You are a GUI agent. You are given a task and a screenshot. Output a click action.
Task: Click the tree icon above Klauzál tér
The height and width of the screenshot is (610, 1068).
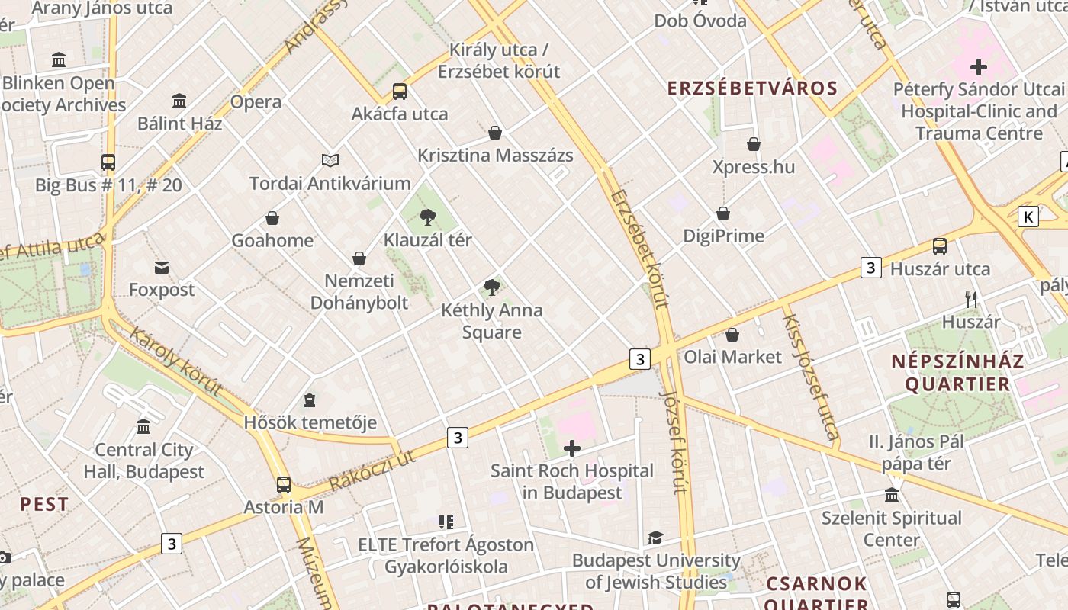[427, 217]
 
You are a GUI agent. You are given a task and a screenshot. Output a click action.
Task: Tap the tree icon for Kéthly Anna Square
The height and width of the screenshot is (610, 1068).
[492, 287]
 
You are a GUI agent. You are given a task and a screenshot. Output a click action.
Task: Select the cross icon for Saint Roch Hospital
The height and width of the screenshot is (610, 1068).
[571, 448]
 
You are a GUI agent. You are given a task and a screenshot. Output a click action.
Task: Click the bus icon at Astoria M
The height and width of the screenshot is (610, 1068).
[284, 484]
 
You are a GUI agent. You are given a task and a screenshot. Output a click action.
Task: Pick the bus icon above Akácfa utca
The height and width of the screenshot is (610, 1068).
[399, 91]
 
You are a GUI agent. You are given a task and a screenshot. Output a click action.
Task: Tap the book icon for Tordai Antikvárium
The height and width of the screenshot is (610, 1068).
[330, 160]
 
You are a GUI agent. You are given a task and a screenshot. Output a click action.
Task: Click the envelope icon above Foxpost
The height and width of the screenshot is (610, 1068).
[162, 268]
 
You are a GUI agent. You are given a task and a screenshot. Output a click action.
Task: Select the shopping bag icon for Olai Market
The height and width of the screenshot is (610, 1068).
[732, 334]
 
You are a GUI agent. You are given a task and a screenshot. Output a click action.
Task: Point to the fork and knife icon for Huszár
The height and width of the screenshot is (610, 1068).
[970, 299]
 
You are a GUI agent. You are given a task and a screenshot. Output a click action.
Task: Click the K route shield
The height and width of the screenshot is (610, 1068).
[1028, 217]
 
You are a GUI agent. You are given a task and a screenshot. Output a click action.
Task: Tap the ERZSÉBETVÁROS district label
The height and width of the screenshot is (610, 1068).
[752, 88]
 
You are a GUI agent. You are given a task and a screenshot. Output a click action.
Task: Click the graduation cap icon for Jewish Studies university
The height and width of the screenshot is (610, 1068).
[655, 538]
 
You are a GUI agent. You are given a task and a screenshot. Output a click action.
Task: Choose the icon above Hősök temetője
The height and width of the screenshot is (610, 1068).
[310, 400]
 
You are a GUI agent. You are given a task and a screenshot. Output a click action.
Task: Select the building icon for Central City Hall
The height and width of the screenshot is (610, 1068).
[143, 426]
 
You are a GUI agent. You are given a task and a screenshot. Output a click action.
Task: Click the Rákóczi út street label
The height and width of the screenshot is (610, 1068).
[372, 470]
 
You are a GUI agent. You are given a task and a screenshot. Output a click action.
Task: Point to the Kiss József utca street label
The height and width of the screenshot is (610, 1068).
[810, 377]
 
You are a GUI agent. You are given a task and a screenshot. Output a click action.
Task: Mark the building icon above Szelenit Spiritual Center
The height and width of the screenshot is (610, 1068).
[891, 496]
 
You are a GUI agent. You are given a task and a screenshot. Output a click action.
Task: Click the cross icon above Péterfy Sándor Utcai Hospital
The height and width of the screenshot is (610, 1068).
[978, 66]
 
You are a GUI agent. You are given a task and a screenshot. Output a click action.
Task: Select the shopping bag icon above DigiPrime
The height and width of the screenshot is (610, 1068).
[722, 213]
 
